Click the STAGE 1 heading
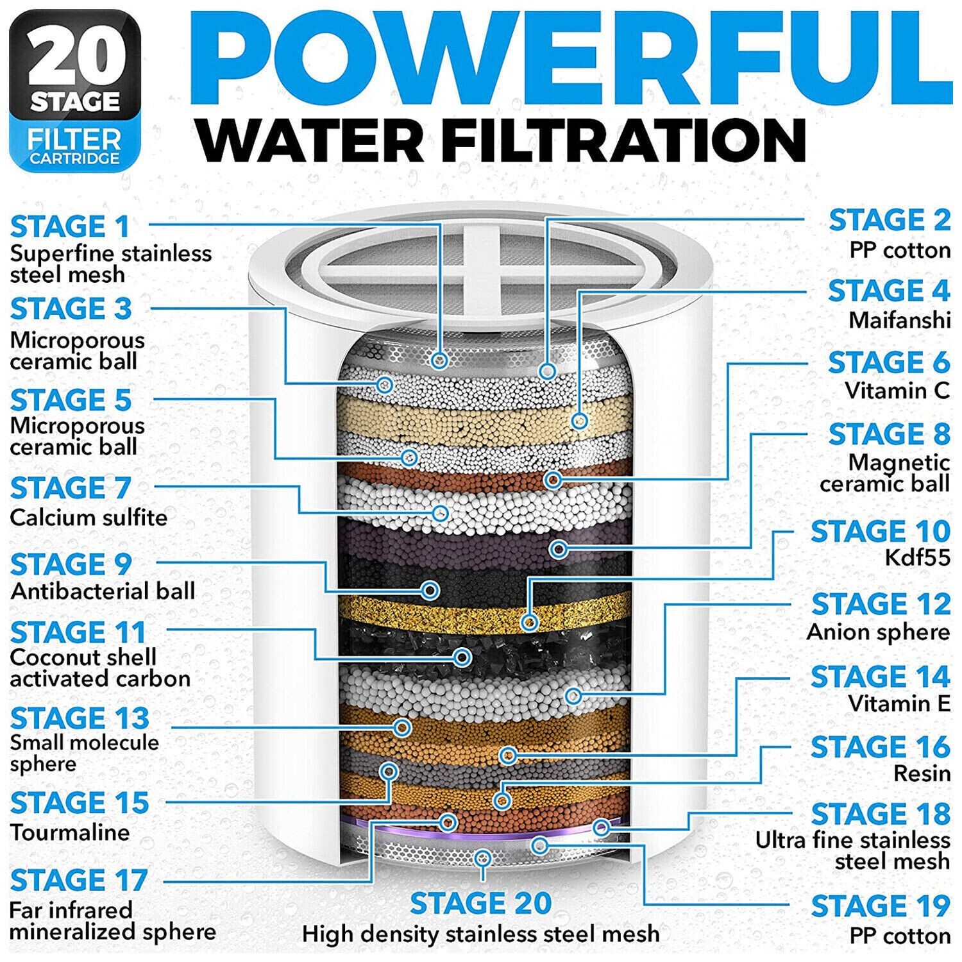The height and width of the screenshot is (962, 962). click(x=70, y=227)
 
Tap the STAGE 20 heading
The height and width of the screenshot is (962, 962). click(x=480, y=904)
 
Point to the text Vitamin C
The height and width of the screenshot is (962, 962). click(x=897, y=391)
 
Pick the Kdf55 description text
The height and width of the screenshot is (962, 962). click(x=917, y=558)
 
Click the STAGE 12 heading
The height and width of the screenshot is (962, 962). click(x=880, y=604)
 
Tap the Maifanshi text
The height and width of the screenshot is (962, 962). click(x=899, y=319)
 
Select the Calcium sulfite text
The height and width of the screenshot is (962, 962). click(x=89, y=518)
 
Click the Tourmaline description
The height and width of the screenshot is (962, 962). click(x=70, y=832)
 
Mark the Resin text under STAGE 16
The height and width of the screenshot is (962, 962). click(x=922, y=773)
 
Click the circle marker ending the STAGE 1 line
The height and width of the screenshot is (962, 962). click(x=439, y=360)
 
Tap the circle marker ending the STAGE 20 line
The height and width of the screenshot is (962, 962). click(x=482, y=857)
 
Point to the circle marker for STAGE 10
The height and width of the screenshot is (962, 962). click(x=529, y=621)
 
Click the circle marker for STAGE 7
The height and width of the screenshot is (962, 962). click(x=440, y=512)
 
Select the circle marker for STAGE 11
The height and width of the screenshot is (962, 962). click(x=462, y=657)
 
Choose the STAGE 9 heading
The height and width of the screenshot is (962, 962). click(x=71, y=564)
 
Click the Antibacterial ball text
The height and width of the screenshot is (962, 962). click(x=103, y=591)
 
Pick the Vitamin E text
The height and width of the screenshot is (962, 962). click(x=899, y=704)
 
